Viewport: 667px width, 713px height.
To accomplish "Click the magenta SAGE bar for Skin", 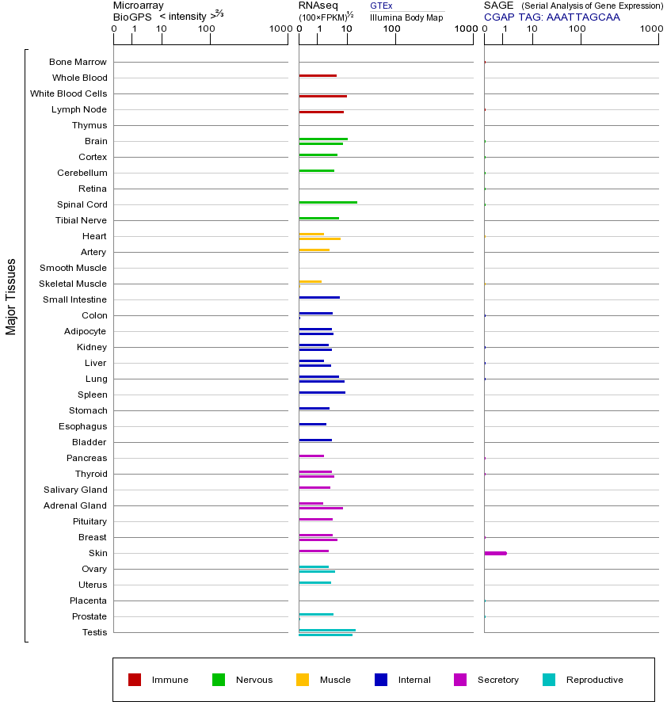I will pyautogui.click(x=495, y=553).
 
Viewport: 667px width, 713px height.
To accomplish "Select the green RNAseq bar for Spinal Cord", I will pyautogui.click(x=328, y=202).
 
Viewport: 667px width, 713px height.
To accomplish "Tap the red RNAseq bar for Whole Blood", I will pyautogui.click(x=318, y=75).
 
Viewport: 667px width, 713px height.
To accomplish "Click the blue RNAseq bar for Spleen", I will pyautogui.click(x=322, y=392).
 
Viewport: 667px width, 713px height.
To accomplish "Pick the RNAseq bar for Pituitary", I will pyautogui.click(x=315, y=519).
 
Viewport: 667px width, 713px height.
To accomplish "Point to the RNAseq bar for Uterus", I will pyautogui.click(x=314, y=582).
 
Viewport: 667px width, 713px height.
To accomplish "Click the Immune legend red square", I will pyautogui.click(x=135, y=680).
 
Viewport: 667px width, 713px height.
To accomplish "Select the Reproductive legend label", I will pyautogui.click(x=594, y=680).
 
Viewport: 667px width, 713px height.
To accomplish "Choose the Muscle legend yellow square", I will pyautogui.click(x=303, y=680).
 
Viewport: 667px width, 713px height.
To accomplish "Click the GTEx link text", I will pyautogui.click(x=381, y=6).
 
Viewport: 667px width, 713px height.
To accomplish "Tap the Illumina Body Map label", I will pyautogui.click(x=406, y=17).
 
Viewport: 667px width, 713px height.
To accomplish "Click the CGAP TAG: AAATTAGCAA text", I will pyautogui.click(x=551, y=17).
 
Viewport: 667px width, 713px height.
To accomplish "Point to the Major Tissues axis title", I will pyautogui.click(x=11, y=296).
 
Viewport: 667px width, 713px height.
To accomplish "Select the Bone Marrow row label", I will pyautogui.click(x=78, y=62).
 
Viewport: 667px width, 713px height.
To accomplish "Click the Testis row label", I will pyautogui.click(x=94, y=632).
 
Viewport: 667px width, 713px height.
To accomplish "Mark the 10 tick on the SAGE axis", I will pyautogui.click(x=532, y=29).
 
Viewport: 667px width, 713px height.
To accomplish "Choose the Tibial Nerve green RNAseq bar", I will pyautogui.click(x=318, y=218).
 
